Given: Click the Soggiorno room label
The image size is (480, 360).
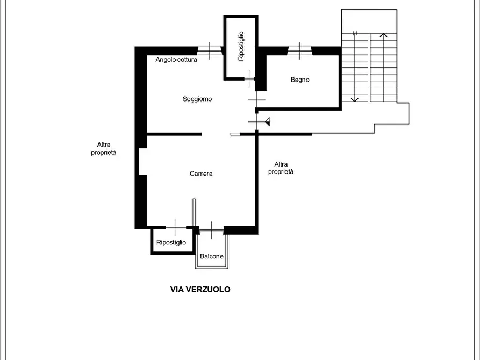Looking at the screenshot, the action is [197, 99].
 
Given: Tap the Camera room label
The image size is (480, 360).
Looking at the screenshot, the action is [201, 174].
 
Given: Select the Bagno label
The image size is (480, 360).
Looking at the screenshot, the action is [300, 80].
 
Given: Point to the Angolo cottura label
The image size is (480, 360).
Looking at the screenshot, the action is [176, 60].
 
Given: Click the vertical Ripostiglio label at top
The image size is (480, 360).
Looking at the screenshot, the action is [241, 46].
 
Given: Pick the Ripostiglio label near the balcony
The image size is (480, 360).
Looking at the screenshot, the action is [171, 242].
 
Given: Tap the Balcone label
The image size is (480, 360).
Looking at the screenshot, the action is [212, 256].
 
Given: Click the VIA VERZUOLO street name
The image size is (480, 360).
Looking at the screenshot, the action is [200, 289].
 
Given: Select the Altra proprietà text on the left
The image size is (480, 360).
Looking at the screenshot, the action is [103, 148].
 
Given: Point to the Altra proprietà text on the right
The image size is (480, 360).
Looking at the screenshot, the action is [281, 168].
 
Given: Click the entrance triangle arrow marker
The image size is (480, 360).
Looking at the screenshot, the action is [268, 122].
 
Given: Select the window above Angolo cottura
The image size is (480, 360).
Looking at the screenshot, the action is [210, 51].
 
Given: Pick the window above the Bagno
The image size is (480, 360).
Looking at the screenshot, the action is [300, 51].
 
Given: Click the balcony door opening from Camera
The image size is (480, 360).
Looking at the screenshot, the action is [212, 230].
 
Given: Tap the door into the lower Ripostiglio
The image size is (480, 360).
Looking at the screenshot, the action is [176, 227].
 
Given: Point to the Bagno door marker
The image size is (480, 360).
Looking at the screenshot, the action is [256, 99].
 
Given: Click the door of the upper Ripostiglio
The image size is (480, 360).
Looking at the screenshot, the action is [249, 79].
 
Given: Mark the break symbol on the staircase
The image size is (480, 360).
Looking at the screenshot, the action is [354, 33].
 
